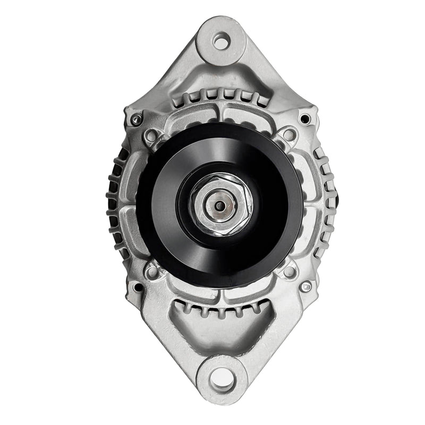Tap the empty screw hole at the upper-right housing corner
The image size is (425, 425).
pos(304,118)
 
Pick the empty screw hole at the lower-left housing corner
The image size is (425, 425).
pos(138,287)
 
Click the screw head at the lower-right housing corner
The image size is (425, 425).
pos(305,286)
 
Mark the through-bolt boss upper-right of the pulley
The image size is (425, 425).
pos(288,135)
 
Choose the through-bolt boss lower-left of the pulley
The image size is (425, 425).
pos(152,273)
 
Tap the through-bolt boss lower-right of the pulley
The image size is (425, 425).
pos(288,273)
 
